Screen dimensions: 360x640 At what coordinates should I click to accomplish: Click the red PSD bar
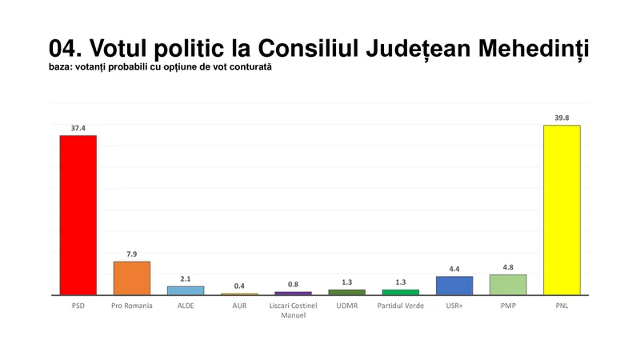78,214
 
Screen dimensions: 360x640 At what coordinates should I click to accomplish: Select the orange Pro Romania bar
132,278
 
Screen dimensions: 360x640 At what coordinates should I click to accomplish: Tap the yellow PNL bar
562,210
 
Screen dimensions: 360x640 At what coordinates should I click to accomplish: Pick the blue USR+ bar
454,286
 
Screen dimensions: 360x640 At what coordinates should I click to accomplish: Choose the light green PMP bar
508,285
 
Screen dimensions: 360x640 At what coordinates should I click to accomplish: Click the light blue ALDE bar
186,290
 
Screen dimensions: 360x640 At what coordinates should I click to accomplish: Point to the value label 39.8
562,118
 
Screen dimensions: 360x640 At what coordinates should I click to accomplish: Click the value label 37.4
78,127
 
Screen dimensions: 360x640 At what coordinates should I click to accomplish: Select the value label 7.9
132,254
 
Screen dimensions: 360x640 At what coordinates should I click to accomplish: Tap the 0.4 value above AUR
239,286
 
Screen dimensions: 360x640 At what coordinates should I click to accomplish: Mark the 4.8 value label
508,267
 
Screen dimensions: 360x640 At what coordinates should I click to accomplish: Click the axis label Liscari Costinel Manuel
293,310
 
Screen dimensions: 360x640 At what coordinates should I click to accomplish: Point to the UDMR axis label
346,306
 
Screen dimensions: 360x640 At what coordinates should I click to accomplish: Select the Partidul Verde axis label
400,306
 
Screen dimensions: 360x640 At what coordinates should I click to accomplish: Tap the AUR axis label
239,306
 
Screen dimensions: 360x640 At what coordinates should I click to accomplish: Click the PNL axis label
562,306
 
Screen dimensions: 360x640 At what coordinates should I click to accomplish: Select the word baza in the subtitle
62,67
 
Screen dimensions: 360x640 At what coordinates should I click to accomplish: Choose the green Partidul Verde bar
400,292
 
